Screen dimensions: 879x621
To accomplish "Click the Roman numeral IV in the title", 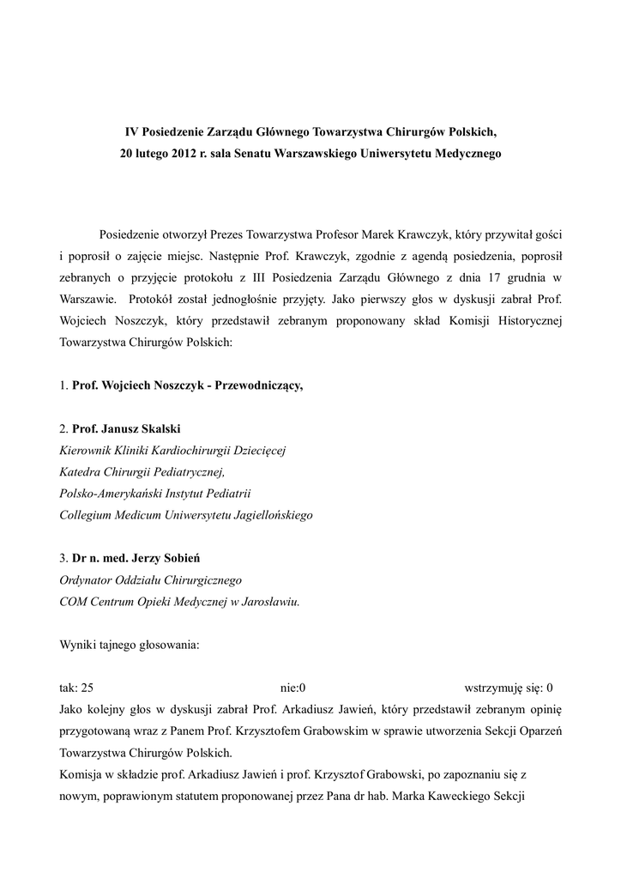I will pyautogui.click(x=132, y=133).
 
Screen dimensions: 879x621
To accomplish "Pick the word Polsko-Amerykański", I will pyautogui.click(x=114, y=494).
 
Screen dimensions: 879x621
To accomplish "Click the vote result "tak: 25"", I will pyautogui.click(x=76, y=688).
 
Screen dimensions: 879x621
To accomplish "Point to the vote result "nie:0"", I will pyautogui.click(x=293, y=688).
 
